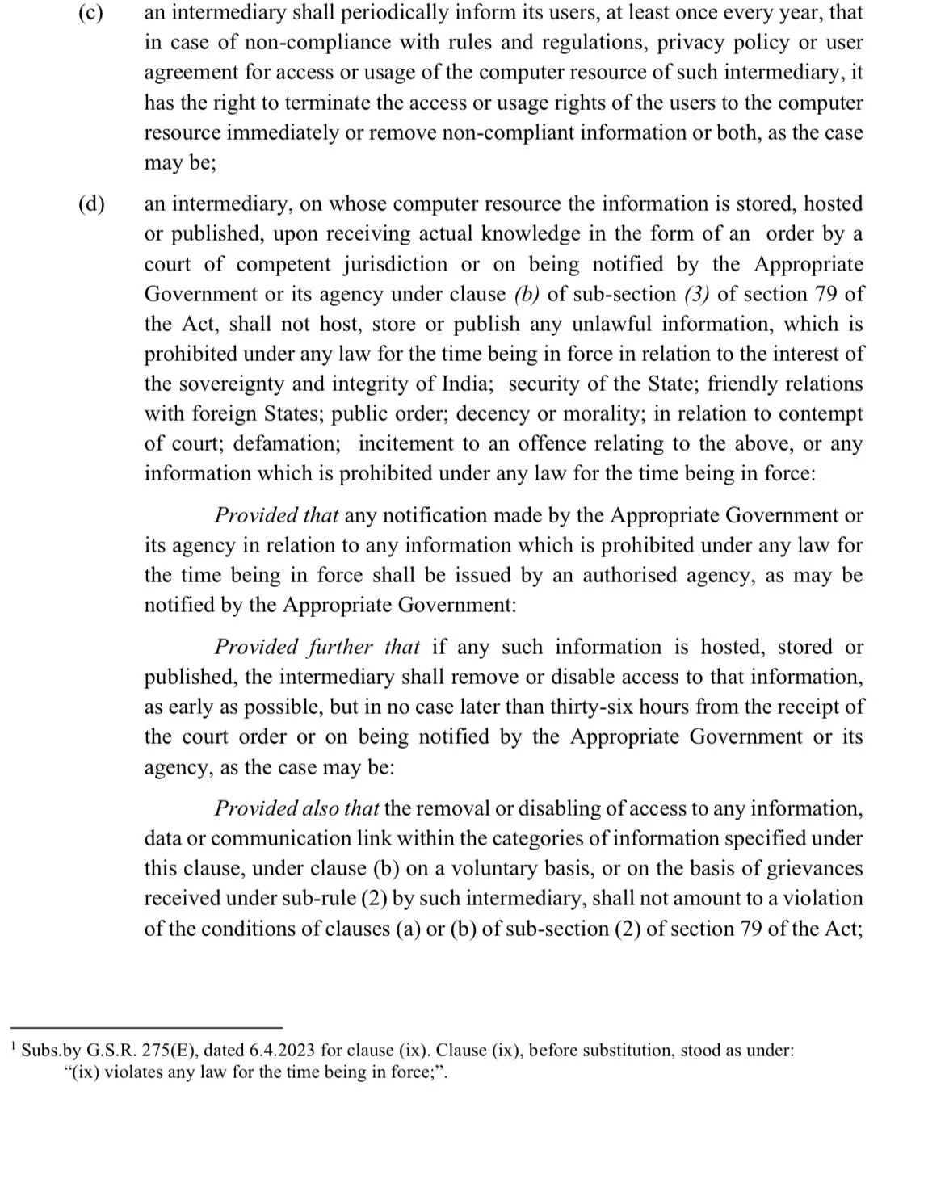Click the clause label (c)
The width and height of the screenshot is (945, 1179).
point(91,13)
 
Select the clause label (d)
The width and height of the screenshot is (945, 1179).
point(91,203)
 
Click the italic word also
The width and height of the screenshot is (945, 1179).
point(321,808)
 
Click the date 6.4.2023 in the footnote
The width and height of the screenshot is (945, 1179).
point(283,1051)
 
